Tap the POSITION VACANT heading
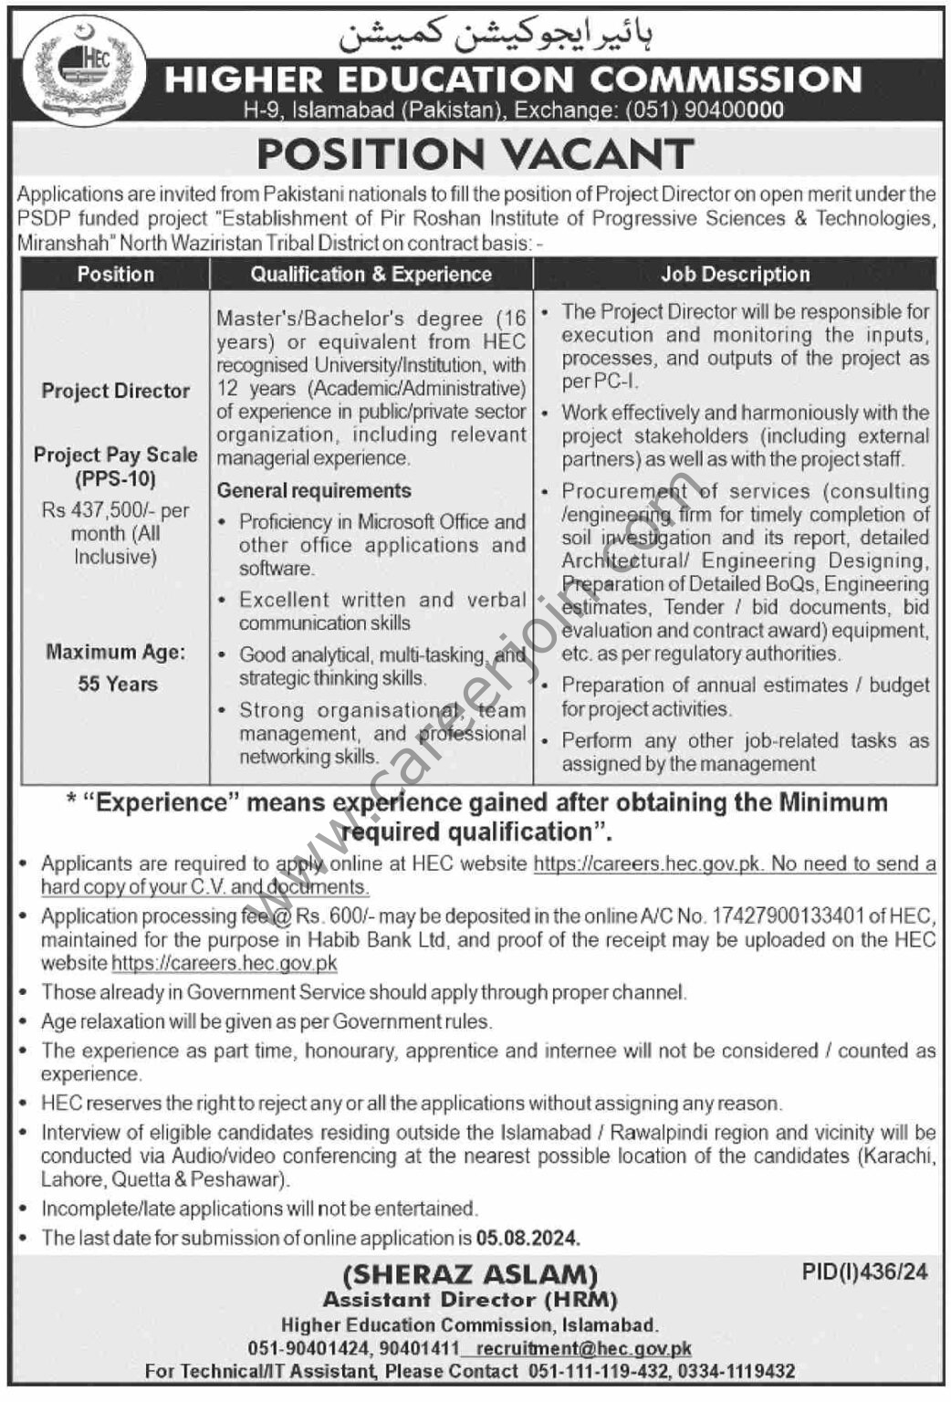(x=475, y=154)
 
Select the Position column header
(x=116, y=274)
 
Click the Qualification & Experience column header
(x=371, y=274)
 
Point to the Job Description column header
(x=736, y=274)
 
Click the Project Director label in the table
(x=116, y=391)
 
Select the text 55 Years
(x=118, y=684)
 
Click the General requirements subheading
(x=314, y=490)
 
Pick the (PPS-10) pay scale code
(x=116, y=478)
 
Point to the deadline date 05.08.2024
(x=528, y=1239)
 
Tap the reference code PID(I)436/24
(x=864, y=1271)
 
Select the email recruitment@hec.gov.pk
(x=584, y=1348)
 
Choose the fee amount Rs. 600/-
(x=331, y=916)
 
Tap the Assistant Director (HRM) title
(x=470, y=1299)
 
